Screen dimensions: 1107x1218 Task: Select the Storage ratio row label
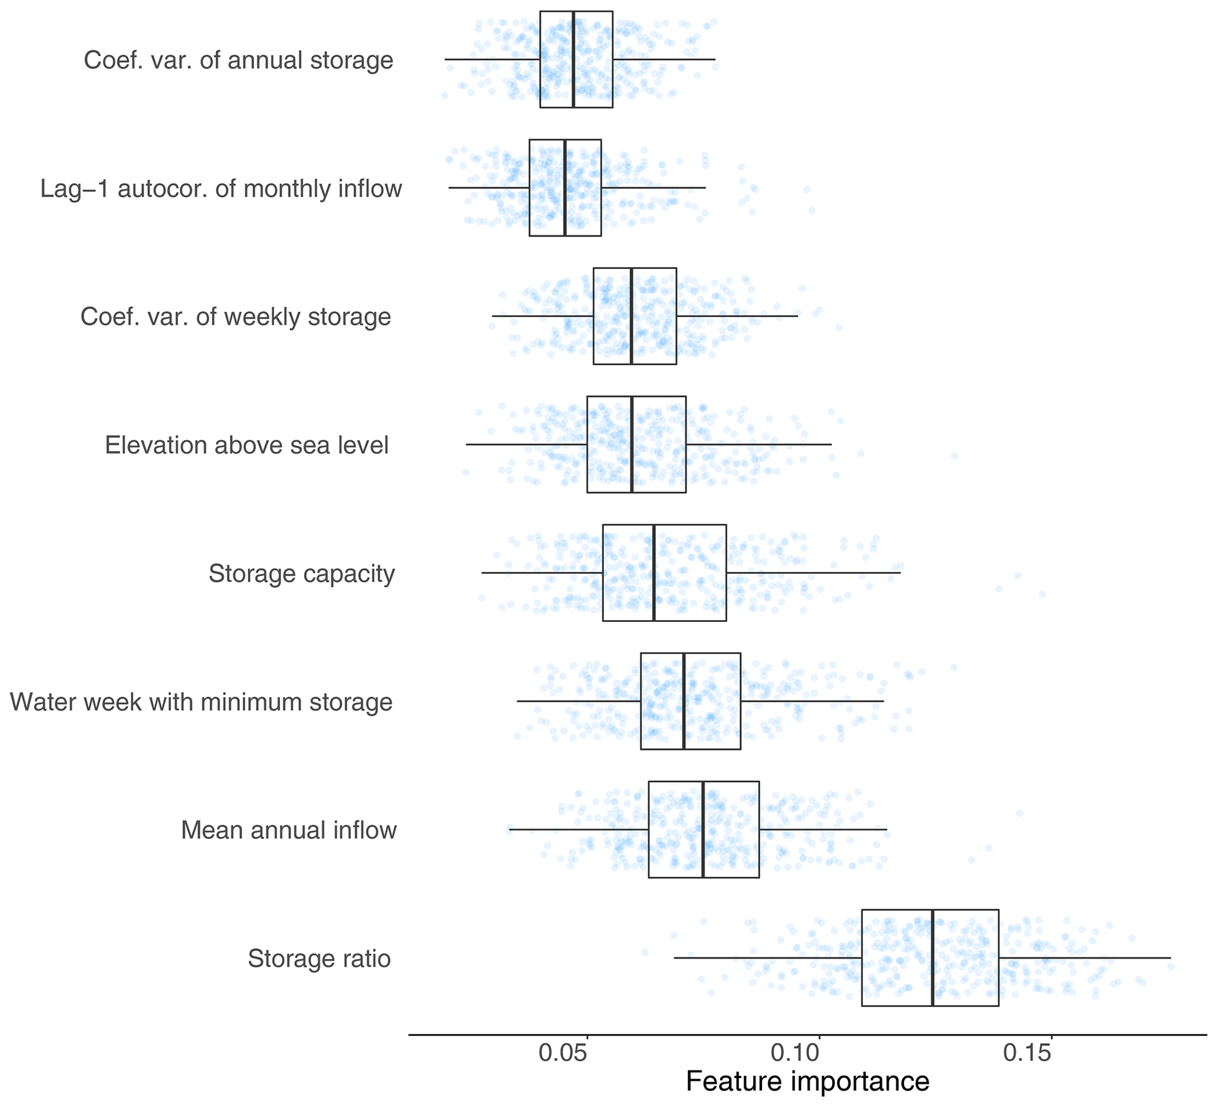click(x=319, y=958)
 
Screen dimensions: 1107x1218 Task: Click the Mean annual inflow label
click(x=289, y=830)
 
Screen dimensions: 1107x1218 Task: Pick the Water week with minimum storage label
click(x=201, y=701)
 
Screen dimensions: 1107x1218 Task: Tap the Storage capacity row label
click(x=302, y=574)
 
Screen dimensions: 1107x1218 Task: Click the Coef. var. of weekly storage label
click(x=236, y=317)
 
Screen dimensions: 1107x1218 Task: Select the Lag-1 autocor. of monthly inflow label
click(x=221, y=189)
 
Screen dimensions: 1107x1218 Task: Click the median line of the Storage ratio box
click(x=933, y=958)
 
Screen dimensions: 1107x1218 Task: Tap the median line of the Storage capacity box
click(x=654, y=572)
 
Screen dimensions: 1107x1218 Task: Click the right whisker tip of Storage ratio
click(x=1170, y=958)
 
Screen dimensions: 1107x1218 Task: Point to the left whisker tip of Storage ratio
click(x=674, y=958)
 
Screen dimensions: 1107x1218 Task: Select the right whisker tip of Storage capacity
click(x=900, y=572)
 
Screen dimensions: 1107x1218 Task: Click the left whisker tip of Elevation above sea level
click(x=467, y=444)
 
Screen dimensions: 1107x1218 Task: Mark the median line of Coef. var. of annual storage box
click(x=573, y=59)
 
